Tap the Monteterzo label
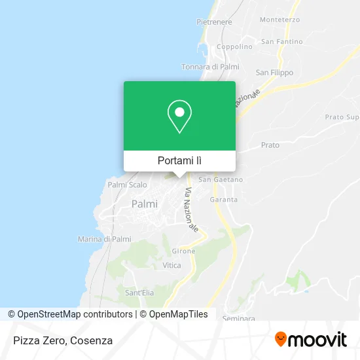(x=279, y=20)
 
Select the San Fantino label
(x=281, y=42)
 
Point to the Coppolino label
(x=234, y=46)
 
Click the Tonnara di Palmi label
(x=210, y=67)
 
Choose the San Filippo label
(x=274, y=73)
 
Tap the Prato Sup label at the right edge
(x=342, y=117)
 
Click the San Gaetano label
(x=221, y=179)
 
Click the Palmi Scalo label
(x=127, y=185)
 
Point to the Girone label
(x=183, y=251)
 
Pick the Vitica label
(x=171, y=265)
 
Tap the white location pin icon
(x=179, y=117)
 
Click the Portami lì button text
(x=179, y=160)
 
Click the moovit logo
(x=310, y=340)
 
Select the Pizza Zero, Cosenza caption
(x=62, y=340)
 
